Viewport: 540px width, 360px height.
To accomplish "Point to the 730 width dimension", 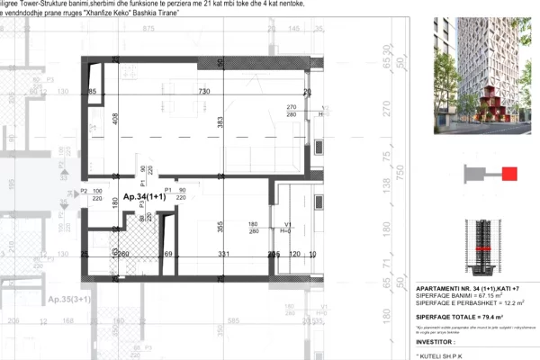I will pyautogui.click(x=204, y=93).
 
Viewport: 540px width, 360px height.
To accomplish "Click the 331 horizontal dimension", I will pyautogui.click(x=224, y=256).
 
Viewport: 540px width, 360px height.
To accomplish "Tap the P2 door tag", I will pyautogui.click(x=84, y=191).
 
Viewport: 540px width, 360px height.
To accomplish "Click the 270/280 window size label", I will pyautogui.click(x=292, y=112).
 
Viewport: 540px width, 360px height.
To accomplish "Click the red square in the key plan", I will pyautogui.click(x=508, y=174).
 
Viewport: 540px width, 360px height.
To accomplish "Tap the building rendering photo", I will pyautogui.click(x=476, y=76).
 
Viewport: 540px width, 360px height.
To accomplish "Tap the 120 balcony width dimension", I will pyautogui.click(x=293, y=256).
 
